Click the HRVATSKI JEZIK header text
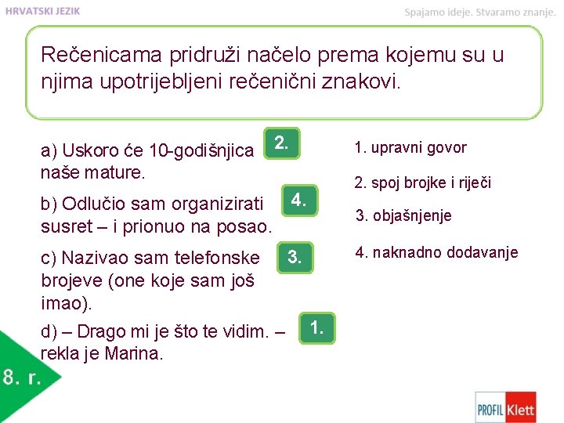(42, 11)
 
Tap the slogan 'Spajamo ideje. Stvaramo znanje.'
(479, 12)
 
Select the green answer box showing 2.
(282, 143)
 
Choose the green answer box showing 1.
(316, 327)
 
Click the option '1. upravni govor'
(410, 147)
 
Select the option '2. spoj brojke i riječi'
(422, 183)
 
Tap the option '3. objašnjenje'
(403, 215)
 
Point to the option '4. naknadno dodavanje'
(436, 252)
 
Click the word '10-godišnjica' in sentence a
(208, 150)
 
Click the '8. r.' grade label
(21, 378)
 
